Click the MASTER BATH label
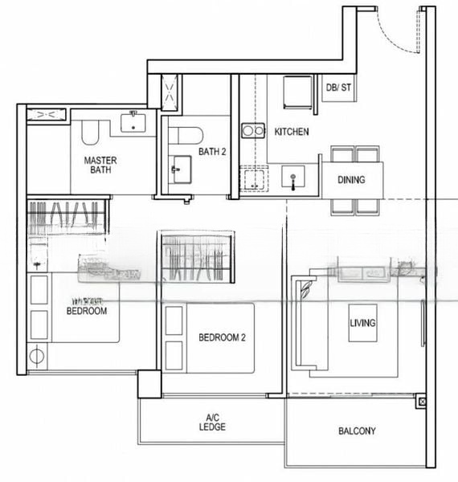(100, 165)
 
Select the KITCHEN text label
(292, 131)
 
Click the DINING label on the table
(350, 180)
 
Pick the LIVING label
(362, 322)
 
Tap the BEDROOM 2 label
(222, 337)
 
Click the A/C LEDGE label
(212, 422)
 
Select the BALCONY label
(357, 431)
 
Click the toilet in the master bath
(88, 133)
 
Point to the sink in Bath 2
(178, 170)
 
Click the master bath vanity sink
(133, 122)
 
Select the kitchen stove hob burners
(254, 130)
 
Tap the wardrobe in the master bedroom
(66, 219)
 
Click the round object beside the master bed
(36, 354)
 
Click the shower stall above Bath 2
(171, 92)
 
